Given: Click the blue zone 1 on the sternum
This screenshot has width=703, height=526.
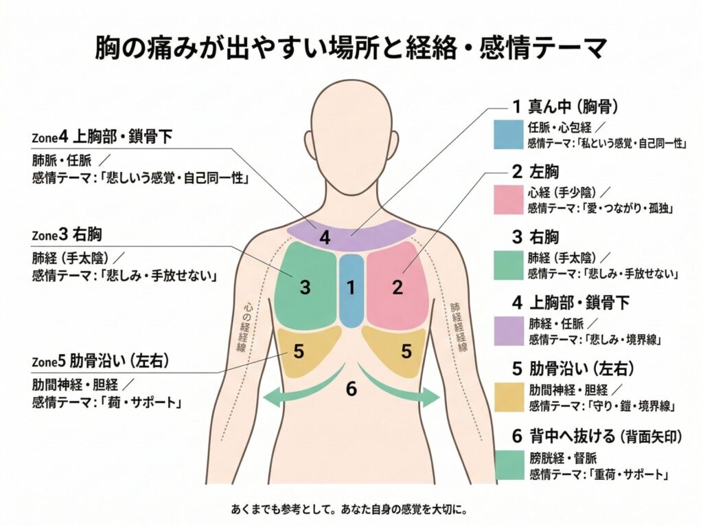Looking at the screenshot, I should pos(351,291).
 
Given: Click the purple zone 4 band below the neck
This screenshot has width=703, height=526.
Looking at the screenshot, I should pos(350,236).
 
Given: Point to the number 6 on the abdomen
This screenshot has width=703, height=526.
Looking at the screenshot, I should pos(351,389).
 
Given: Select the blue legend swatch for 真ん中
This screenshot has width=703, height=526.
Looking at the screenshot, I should pos(508,135).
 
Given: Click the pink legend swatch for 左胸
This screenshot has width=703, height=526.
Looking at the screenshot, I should pos(508,199).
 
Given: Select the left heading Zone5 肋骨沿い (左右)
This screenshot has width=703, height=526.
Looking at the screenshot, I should pos(100,361).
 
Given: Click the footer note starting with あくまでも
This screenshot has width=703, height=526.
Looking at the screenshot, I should pos(350,510).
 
